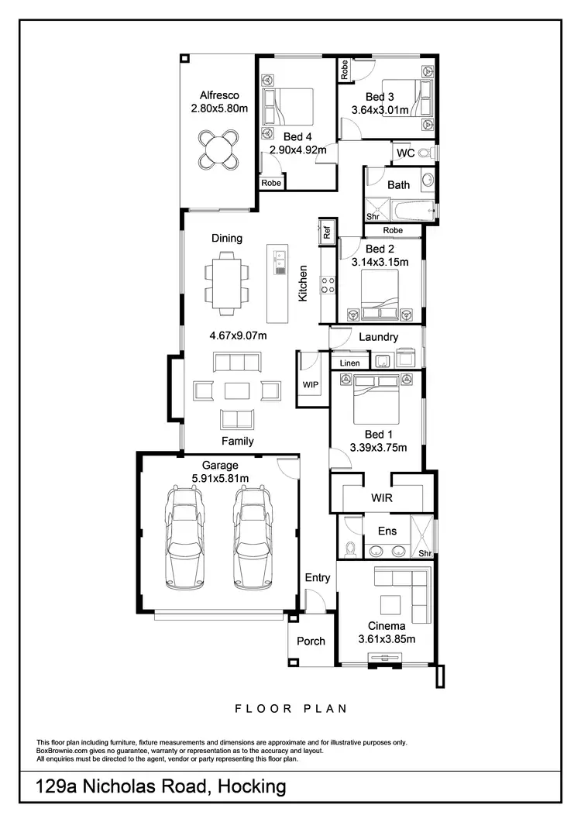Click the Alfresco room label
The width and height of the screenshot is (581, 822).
click(218, 95)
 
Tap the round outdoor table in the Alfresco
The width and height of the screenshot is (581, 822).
click(218, 148)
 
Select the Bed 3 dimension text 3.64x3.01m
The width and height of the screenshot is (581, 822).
click(385, 110)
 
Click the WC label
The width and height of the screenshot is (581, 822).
click(405, 153)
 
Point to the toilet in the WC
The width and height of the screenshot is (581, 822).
click(426, 154)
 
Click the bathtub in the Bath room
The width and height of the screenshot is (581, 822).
click(408, 210)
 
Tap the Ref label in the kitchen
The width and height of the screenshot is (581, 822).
click(326, 231)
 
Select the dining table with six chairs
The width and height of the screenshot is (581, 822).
click(227, 283)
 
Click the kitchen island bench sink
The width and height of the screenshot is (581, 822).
click(279, 263)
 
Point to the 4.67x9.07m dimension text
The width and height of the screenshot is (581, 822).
click(239, 335)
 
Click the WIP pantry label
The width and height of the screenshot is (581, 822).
click(311, 384)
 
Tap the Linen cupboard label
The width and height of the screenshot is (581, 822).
click(349, 363)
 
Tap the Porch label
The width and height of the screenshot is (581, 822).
click(311, 641)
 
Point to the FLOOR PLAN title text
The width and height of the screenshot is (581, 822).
click(290, 708)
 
